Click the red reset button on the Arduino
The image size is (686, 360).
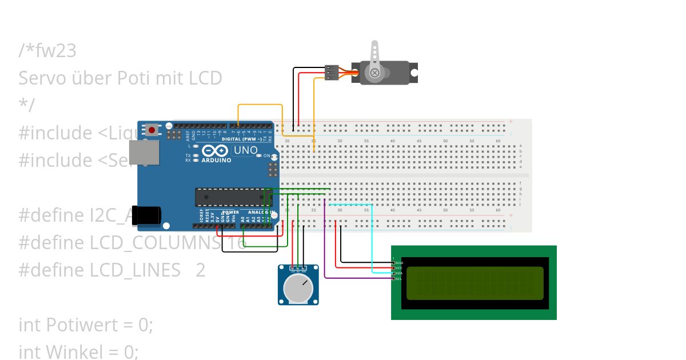[151, 130]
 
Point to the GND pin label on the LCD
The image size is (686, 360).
[399, 262]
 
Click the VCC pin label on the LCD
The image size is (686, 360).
[399, 267]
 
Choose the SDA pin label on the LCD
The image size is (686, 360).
[399, 273]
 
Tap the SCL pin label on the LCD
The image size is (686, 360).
[399, 279]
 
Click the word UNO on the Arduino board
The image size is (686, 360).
[246, 150]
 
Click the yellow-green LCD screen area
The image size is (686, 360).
[474, 283]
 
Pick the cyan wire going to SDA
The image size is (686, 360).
[373, 240]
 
